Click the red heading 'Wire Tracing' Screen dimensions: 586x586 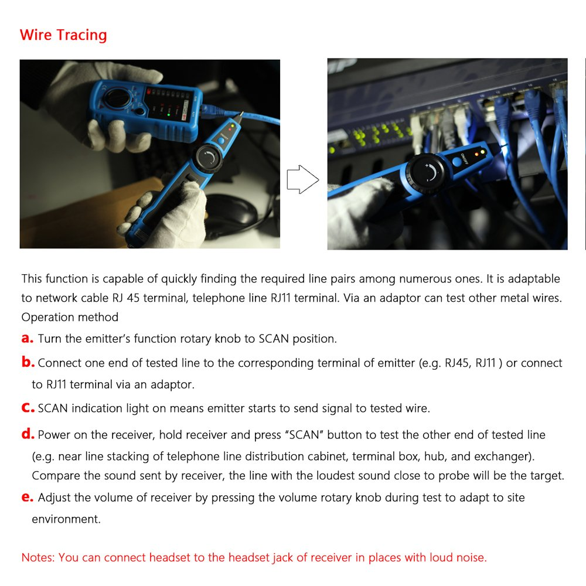[63, 35]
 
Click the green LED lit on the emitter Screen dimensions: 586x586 [169, 115]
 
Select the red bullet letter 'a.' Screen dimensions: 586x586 [28, 338]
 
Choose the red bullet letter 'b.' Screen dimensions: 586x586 [28, 362]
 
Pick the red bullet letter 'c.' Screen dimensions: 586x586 [28, 408]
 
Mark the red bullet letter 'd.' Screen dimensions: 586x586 [28, 434]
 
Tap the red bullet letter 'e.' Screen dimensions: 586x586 [28, 498]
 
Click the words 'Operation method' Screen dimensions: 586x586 [70, 317]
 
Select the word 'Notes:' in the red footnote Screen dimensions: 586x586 [38, 557]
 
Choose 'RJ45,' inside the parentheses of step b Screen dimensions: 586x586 [459, 363]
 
